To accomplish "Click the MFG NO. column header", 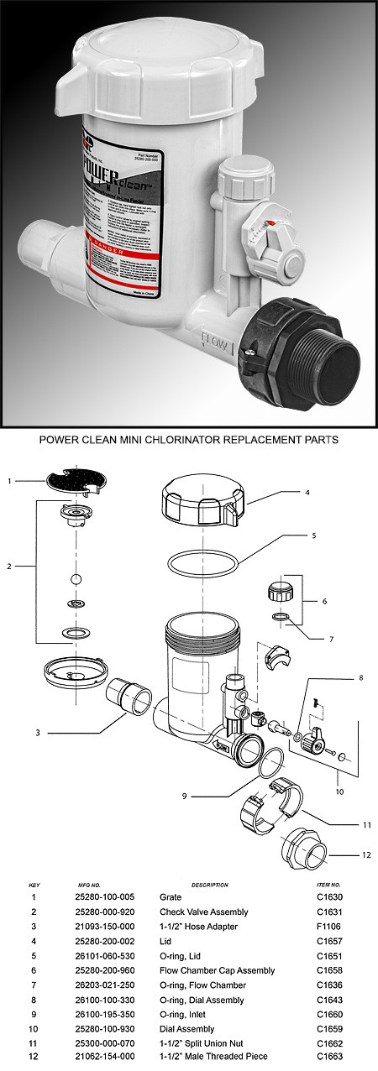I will click(x=84, y=884).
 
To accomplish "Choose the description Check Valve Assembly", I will click(x=198, y=910).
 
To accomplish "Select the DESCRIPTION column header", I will click(x=209, y=884).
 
